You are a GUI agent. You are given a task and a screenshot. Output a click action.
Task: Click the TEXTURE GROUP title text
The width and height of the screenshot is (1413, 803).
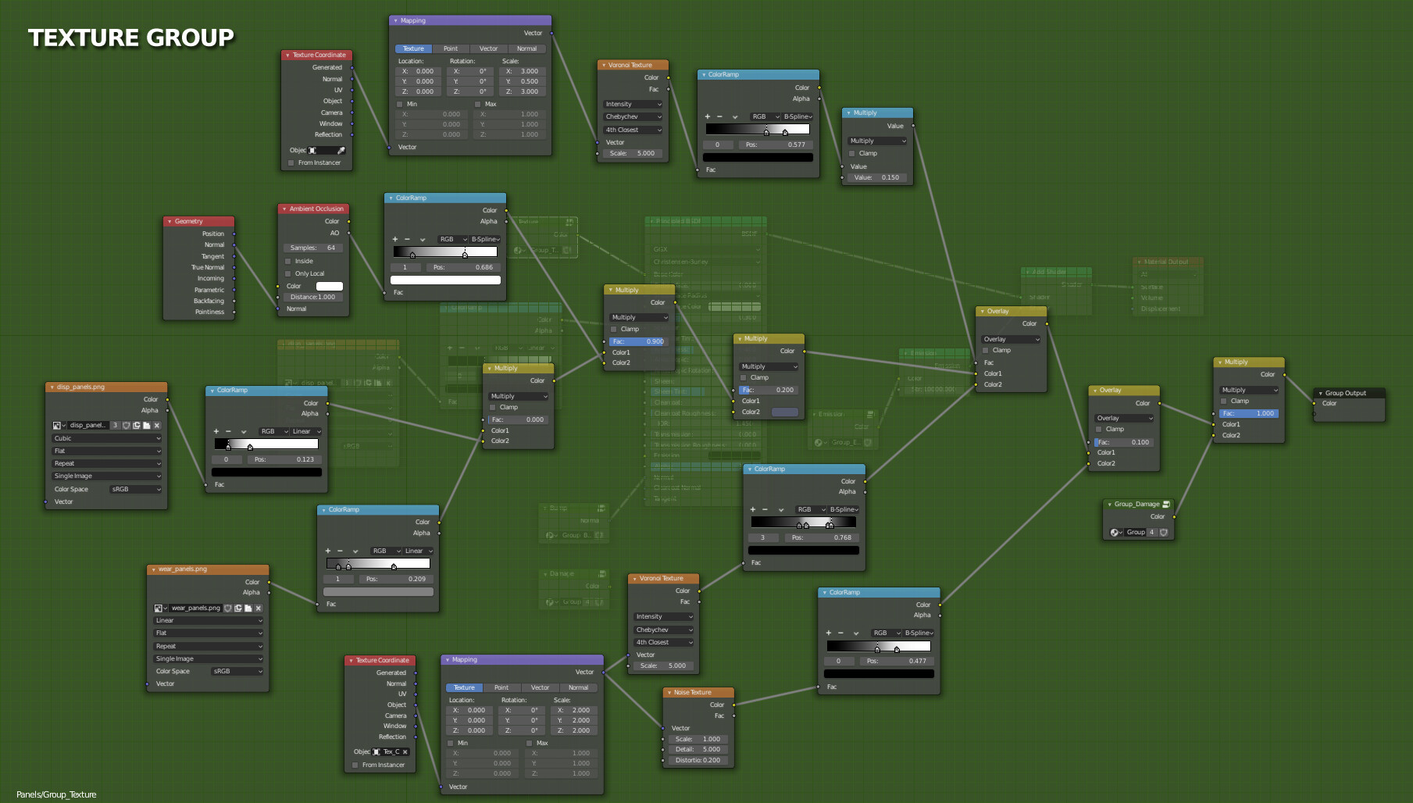point(131,37)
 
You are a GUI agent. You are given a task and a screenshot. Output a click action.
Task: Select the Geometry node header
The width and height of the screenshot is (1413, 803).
point(198,221)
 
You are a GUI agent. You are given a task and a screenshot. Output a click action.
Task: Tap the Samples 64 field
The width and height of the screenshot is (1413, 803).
point(313,248)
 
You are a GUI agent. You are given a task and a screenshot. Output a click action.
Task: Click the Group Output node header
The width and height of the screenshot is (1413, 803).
point(1349,393)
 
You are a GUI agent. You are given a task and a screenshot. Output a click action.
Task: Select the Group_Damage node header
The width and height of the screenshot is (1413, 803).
point(1138,504)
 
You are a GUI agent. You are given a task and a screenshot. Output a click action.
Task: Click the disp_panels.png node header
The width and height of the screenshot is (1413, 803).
point(105,387)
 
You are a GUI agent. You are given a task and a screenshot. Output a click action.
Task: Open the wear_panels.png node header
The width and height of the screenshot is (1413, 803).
point(208,569)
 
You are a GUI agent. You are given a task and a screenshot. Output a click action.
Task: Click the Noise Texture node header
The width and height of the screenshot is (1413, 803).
point(698,692)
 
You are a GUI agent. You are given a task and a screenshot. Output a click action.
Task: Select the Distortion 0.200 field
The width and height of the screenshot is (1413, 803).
point(698,760)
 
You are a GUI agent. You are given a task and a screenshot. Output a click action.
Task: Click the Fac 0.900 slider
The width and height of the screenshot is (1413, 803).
point(638,341)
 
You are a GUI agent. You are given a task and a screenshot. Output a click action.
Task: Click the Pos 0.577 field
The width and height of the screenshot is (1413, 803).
point(776,145)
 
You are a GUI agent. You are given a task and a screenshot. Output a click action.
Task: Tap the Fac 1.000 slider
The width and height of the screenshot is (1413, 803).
point(1248,413)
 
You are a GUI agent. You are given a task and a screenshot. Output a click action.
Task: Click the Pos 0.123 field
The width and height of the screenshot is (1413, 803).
point(284,459)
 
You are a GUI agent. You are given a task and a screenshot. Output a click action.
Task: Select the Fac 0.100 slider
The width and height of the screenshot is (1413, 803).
point(1123,442)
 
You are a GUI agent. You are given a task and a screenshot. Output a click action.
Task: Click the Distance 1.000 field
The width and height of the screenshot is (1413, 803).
point(312,297)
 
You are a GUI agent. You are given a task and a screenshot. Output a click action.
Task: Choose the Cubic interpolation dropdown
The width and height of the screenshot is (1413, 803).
point(107,438)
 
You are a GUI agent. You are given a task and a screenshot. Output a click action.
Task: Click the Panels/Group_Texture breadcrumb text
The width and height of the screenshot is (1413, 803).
point(56,794)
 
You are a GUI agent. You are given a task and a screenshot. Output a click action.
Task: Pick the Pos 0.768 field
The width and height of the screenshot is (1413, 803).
point(822,537)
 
